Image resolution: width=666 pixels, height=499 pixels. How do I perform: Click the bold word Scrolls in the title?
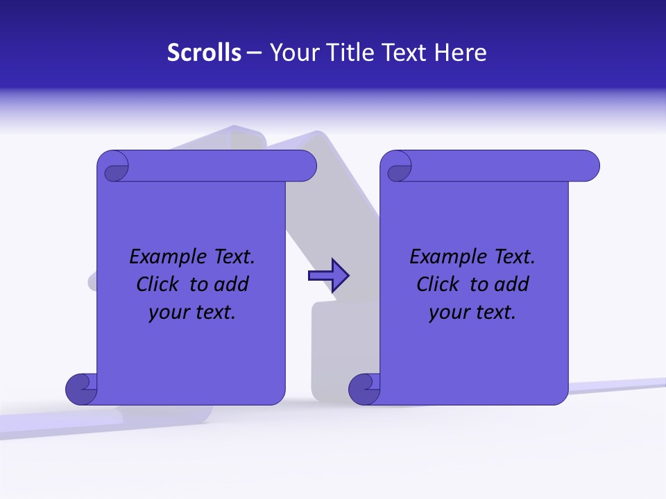coord(204,52)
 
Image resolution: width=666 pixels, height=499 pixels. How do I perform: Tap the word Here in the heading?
coord(461,52)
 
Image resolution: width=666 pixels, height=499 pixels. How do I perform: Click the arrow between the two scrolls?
coord(328,276)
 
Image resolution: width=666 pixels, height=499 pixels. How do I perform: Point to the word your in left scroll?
coord(169,312)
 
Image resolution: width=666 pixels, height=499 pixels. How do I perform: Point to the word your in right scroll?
coord(449,312)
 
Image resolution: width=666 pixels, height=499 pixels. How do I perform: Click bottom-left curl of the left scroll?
coord(81,389)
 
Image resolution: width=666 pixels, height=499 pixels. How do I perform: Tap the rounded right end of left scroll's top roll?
coord(307,166)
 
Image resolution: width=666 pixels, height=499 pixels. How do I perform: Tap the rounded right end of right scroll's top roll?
coord(590,166)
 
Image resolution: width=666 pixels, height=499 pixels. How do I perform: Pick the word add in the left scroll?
coord(231,284)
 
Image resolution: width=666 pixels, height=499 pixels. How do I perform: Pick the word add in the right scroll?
coord(511,284)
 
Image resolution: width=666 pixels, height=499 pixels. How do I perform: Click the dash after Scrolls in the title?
coord(254,53)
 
